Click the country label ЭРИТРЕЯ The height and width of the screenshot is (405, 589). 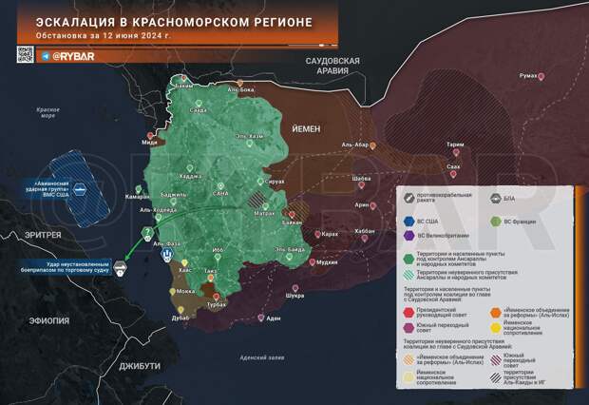(x=44, y=235)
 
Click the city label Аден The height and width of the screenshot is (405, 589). (x=274, y=318)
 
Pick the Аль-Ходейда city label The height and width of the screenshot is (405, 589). (x=158, y=208)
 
